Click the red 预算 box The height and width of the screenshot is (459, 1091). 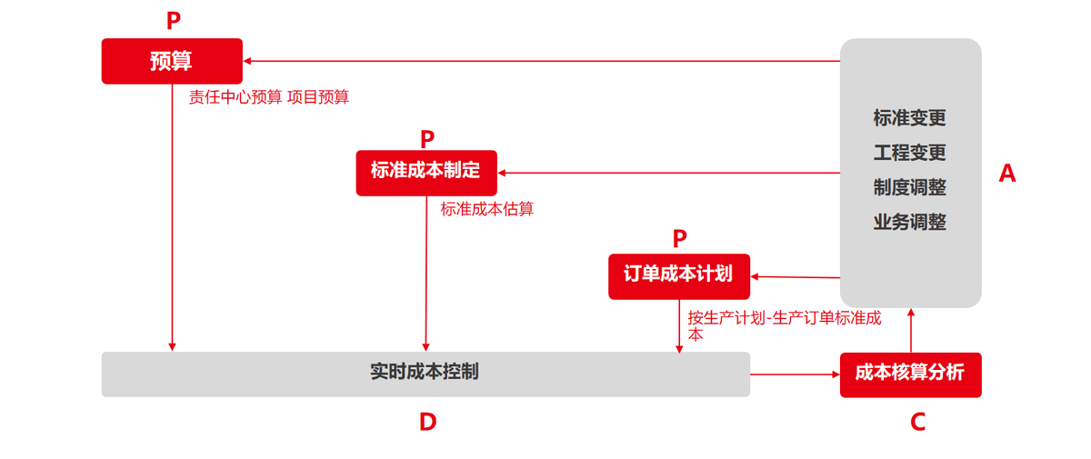[x=172, y=61]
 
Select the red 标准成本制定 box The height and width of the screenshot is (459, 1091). [x=426, y=172]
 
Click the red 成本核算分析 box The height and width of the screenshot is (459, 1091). [x=910, y=374]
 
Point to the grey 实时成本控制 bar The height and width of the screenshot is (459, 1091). [x=425, y=374]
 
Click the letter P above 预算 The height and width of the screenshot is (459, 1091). [x=173, y=22]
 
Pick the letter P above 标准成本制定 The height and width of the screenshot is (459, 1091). [x=427, y=140]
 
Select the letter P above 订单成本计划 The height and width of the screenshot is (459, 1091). [x=680, y=239]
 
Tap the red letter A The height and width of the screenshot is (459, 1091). [x=1006, y=174]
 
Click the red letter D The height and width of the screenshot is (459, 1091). [x=427, y=422]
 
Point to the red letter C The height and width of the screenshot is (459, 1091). [x=917, y=422]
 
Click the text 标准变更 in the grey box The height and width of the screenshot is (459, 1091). [x=910, y=118]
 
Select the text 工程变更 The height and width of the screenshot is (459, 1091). [x=910, y=153]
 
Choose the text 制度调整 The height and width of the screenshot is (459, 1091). [x=910, y=187]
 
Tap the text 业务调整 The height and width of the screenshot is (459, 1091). [x=910, y=222]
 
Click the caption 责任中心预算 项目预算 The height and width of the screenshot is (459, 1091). [x=269, y=98]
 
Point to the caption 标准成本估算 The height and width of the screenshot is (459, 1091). [x=487, y=209]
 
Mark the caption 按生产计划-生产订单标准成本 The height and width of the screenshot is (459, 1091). [x=784, y=325]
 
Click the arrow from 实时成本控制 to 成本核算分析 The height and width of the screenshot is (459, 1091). [x=795, y=374]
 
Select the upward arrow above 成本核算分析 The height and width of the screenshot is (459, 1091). [x=910, y=331]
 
